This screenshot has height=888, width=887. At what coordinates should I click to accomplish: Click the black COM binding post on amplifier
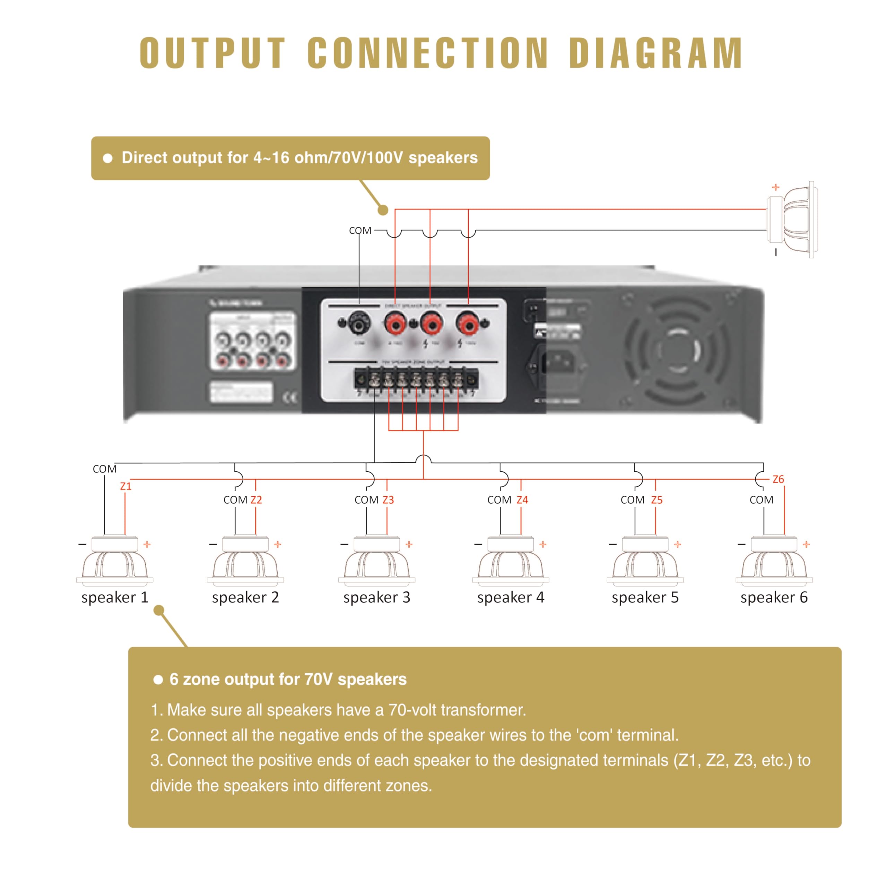(358, 324)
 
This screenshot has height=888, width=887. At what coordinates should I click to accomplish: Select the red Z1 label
(126, 486)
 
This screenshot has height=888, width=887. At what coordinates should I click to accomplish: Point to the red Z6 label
(778, 479)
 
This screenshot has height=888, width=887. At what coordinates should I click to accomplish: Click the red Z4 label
(522, 500)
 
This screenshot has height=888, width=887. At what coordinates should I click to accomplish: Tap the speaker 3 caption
(377, 598)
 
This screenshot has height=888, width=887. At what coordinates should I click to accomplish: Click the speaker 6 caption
(774, 598)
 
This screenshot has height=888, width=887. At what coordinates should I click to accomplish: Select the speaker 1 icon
(115, 561)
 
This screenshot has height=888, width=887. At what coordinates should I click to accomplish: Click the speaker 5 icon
(645, 561)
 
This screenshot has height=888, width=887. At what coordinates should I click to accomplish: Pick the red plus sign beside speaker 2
(277, 544)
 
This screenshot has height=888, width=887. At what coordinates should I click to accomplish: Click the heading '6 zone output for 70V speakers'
(288, 679)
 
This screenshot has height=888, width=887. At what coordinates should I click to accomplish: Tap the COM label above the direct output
(360, 230)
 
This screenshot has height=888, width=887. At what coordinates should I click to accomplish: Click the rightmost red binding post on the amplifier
(468, 324)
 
